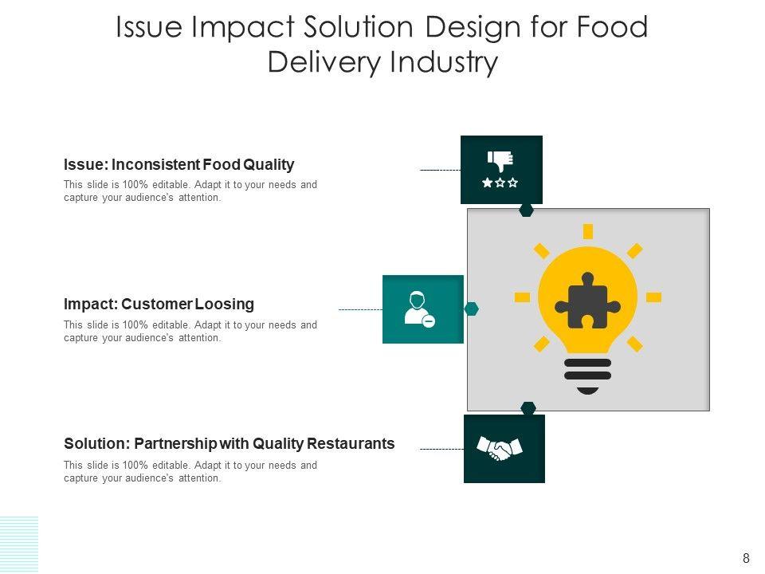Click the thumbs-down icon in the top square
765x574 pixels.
pos(500,160)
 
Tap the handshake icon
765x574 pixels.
pos(499,448)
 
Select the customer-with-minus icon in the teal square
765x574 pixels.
pos(418,309)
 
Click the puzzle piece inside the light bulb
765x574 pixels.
pos(587,301)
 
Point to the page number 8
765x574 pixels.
pos(746,559)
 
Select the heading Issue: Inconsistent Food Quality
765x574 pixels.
pos(178,165)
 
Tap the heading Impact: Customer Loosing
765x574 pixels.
pos(159,305)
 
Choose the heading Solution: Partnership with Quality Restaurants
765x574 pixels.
pos(229,444)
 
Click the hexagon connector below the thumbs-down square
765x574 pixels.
pos(527,210)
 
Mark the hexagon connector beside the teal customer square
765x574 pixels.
pos(472,309)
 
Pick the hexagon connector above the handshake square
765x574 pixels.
pos(528,408)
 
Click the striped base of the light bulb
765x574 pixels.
pos(587,375)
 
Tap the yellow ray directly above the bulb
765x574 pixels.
pos(588,231)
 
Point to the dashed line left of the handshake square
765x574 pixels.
pos(441,449)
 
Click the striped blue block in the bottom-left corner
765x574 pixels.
pos(18,544)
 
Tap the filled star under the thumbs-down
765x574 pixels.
pos(487,183)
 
